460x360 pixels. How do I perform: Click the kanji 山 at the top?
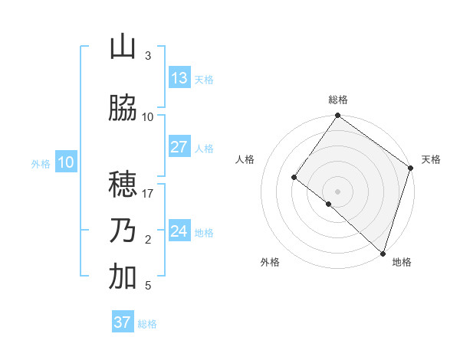coord(123,47)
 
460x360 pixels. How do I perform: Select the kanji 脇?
coord(123,109)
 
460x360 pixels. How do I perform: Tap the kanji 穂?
coord(123,185)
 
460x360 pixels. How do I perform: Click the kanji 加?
coord(123,277)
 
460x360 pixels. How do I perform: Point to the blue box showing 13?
coord(179,78)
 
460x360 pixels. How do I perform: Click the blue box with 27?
coord(179,147)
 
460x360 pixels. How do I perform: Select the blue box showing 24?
coord(179,231)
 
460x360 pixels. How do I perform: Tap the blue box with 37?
coord(123,322)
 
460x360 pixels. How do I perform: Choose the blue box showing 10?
coord(65,162)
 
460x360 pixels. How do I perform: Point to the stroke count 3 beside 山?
coord(148,56)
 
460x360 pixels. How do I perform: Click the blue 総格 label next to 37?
coord(147,324)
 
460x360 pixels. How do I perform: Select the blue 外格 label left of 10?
coord(40,164)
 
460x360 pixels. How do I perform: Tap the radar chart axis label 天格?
coord(432,159)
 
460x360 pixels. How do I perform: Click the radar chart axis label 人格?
coord(245,159)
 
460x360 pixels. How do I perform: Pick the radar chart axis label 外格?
coord(270,262)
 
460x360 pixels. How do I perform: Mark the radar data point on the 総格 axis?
coord(337,116)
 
